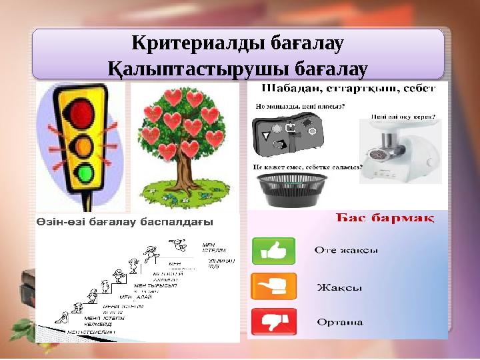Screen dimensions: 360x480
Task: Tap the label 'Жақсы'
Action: pyautogui.click(x=340, y=288)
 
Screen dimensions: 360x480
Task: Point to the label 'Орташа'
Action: pyautogui.click(x=340, y=323)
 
